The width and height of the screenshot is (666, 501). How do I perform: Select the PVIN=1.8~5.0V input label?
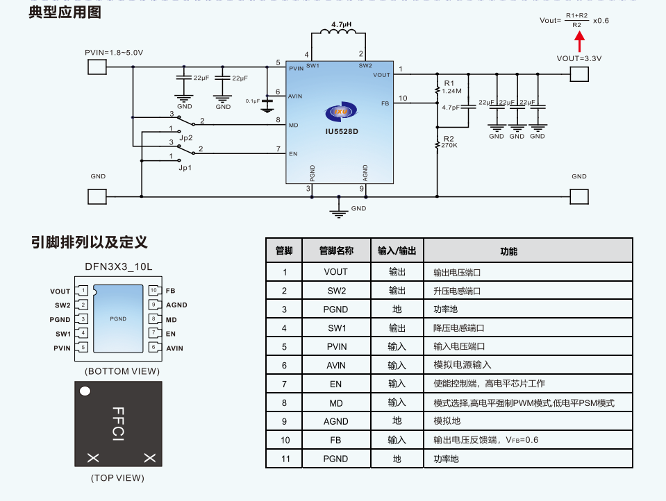[114, 53]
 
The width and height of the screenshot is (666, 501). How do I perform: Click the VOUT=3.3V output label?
[578, 58]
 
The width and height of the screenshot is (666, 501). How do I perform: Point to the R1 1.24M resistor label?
[451, 87]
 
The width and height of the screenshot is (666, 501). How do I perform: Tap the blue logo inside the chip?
[340, 112]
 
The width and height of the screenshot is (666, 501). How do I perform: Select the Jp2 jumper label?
[185, 138]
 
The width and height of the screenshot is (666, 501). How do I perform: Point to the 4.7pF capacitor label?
[451, 108]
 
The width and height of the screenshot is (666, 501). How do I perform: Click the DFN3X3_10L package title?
[118, 266]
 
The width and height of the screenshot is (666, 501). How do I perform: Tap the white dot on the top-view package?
[85, 391]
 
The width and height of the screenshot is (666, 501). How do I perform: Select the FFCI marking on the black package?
[118, 424]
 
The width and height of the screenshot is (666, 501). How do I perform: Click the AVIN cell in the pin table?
[335, 365]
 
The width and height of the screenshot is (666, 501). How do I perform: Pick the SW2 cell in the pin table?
[335, 291]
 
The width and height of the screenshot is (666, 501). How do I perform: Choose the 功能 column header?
[508, 251]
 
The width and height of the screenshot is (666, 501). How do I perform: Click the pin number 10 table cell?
[285, 440]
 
